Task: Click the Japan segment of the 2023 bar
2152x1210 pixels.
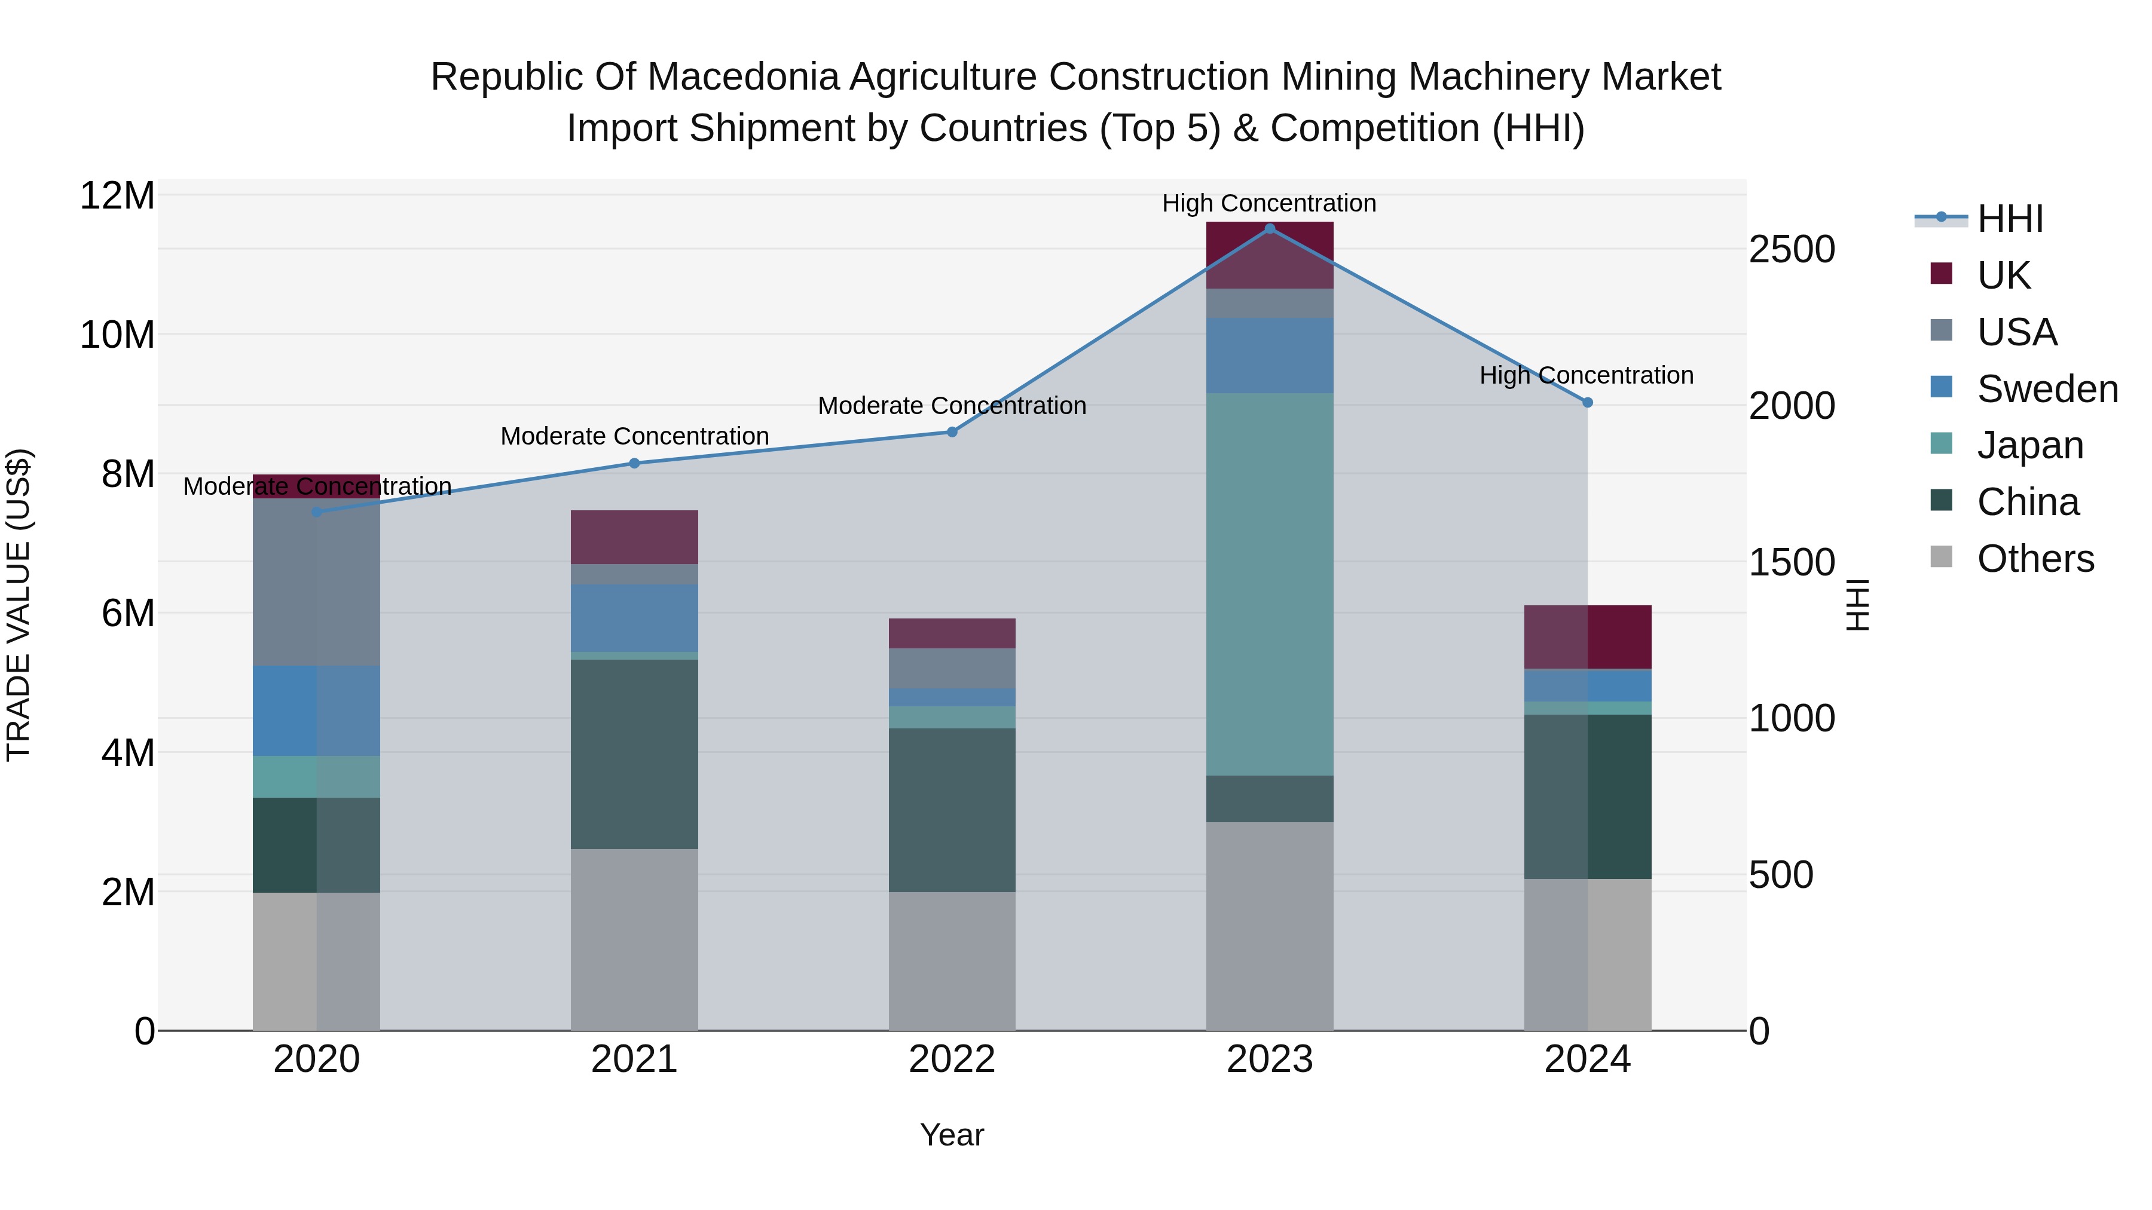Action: (1269, 584)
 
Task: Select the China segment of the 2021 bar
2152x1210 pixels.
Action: (634, 754)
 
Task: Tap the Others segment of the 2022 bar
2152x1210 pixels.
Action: (952, 960)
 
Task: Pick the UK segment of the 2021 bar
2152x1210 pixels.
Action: (634, 537)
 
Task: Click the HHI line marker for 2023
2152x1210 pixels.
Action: (1270, 229)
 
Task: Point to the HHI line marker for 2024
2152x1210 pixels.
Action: (1587, 403)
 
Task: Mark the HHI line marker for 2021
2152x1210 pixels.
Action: (634, 464)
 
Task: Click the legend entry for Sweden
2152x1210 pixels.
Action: (2046, 389)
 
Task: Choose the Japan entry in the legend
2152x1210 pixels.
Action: (2029, 445)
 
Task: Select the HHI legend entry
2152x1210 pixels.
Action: (2009, 219)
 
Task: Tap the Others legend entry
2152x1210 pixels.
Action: (2034, 559)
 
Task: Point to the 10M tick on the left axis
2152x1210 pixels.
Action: (117, 335)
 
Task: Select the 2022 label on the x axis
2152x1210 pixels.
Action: (952, 1059)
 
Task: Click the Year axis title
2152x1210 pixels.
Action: (952, 1135)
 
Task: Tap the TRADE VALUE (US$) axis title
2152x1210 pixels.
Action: (19, 605)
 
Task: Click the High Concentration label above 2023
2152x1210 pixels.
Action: (1269, 203)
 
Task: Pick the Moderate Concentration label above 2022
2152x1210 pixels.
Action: (952, 406)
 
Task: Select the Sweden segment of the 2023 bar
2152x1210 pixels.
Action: (1269, 355)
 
